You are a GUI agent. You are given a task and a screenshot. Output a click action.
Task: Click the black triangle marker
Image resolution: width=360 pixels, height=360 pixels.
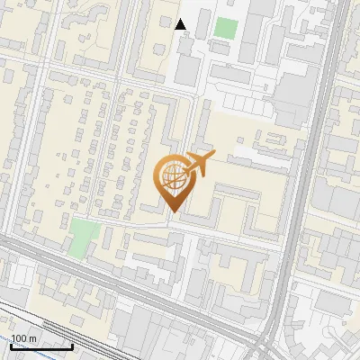click(x=181, y=24)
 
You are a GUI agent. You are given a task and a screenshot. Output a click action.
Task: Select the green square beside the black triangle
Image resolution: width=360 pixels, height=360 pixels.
click(x=225, y=28)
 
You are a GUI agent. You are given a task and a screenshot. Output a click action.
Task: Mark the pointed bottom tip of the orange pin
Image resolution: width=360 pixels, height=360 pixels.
click(x=173, y=211)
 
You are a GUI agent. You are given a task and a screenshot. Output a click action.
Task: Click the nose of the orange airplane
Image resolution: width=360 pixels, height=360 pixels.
click(x=213, y=157)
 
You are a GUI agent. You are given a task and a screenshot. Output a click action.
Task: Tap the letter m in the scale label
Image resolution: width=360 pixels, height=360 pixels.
click(x=32, y=338)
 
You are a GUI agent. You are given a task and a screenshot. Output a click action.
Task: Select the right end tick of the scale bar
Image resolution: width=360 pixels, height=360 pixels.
click(x=73, y=346)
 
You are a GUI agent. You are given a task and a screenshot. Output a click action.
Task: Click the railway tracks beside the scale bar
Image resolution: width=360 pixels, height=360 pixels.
click(x=54, y=324)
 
